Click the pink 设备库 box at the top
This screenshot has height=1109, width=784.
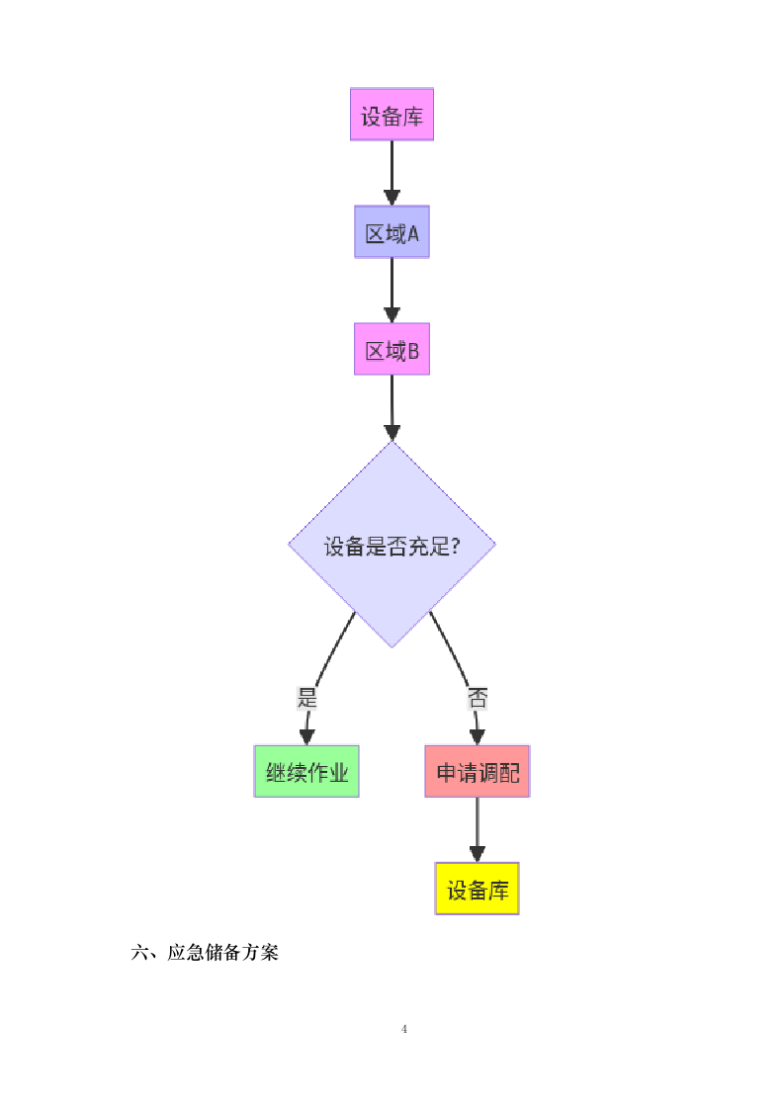pos(392,115)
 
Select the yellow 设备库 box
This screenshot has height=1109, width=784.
pos(477,889)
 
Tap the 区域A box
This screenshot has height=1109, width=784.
pos(392,232)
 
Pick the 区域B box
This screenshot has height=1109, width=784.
pos(392,349)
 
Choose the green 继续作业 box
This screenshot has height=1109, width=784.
pos(306,772)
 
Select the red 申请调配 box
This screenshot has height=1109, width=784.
pos(478,772)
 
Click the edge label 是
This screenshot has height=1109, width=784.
pos(306,698)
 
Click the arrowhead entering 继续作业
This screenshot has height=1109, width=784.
pos(306,736)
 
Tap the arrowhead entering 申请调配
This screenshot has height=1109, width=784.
pos(478,736)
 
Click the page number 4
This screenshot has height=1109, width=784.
pos(404,1029)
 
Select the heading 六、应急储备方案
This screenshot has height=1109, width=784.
pos(205,953)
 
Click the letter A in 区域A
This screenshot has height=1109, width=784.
pos(413,233)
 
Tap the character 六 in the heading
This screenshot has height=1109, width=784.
pos(139,953)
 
